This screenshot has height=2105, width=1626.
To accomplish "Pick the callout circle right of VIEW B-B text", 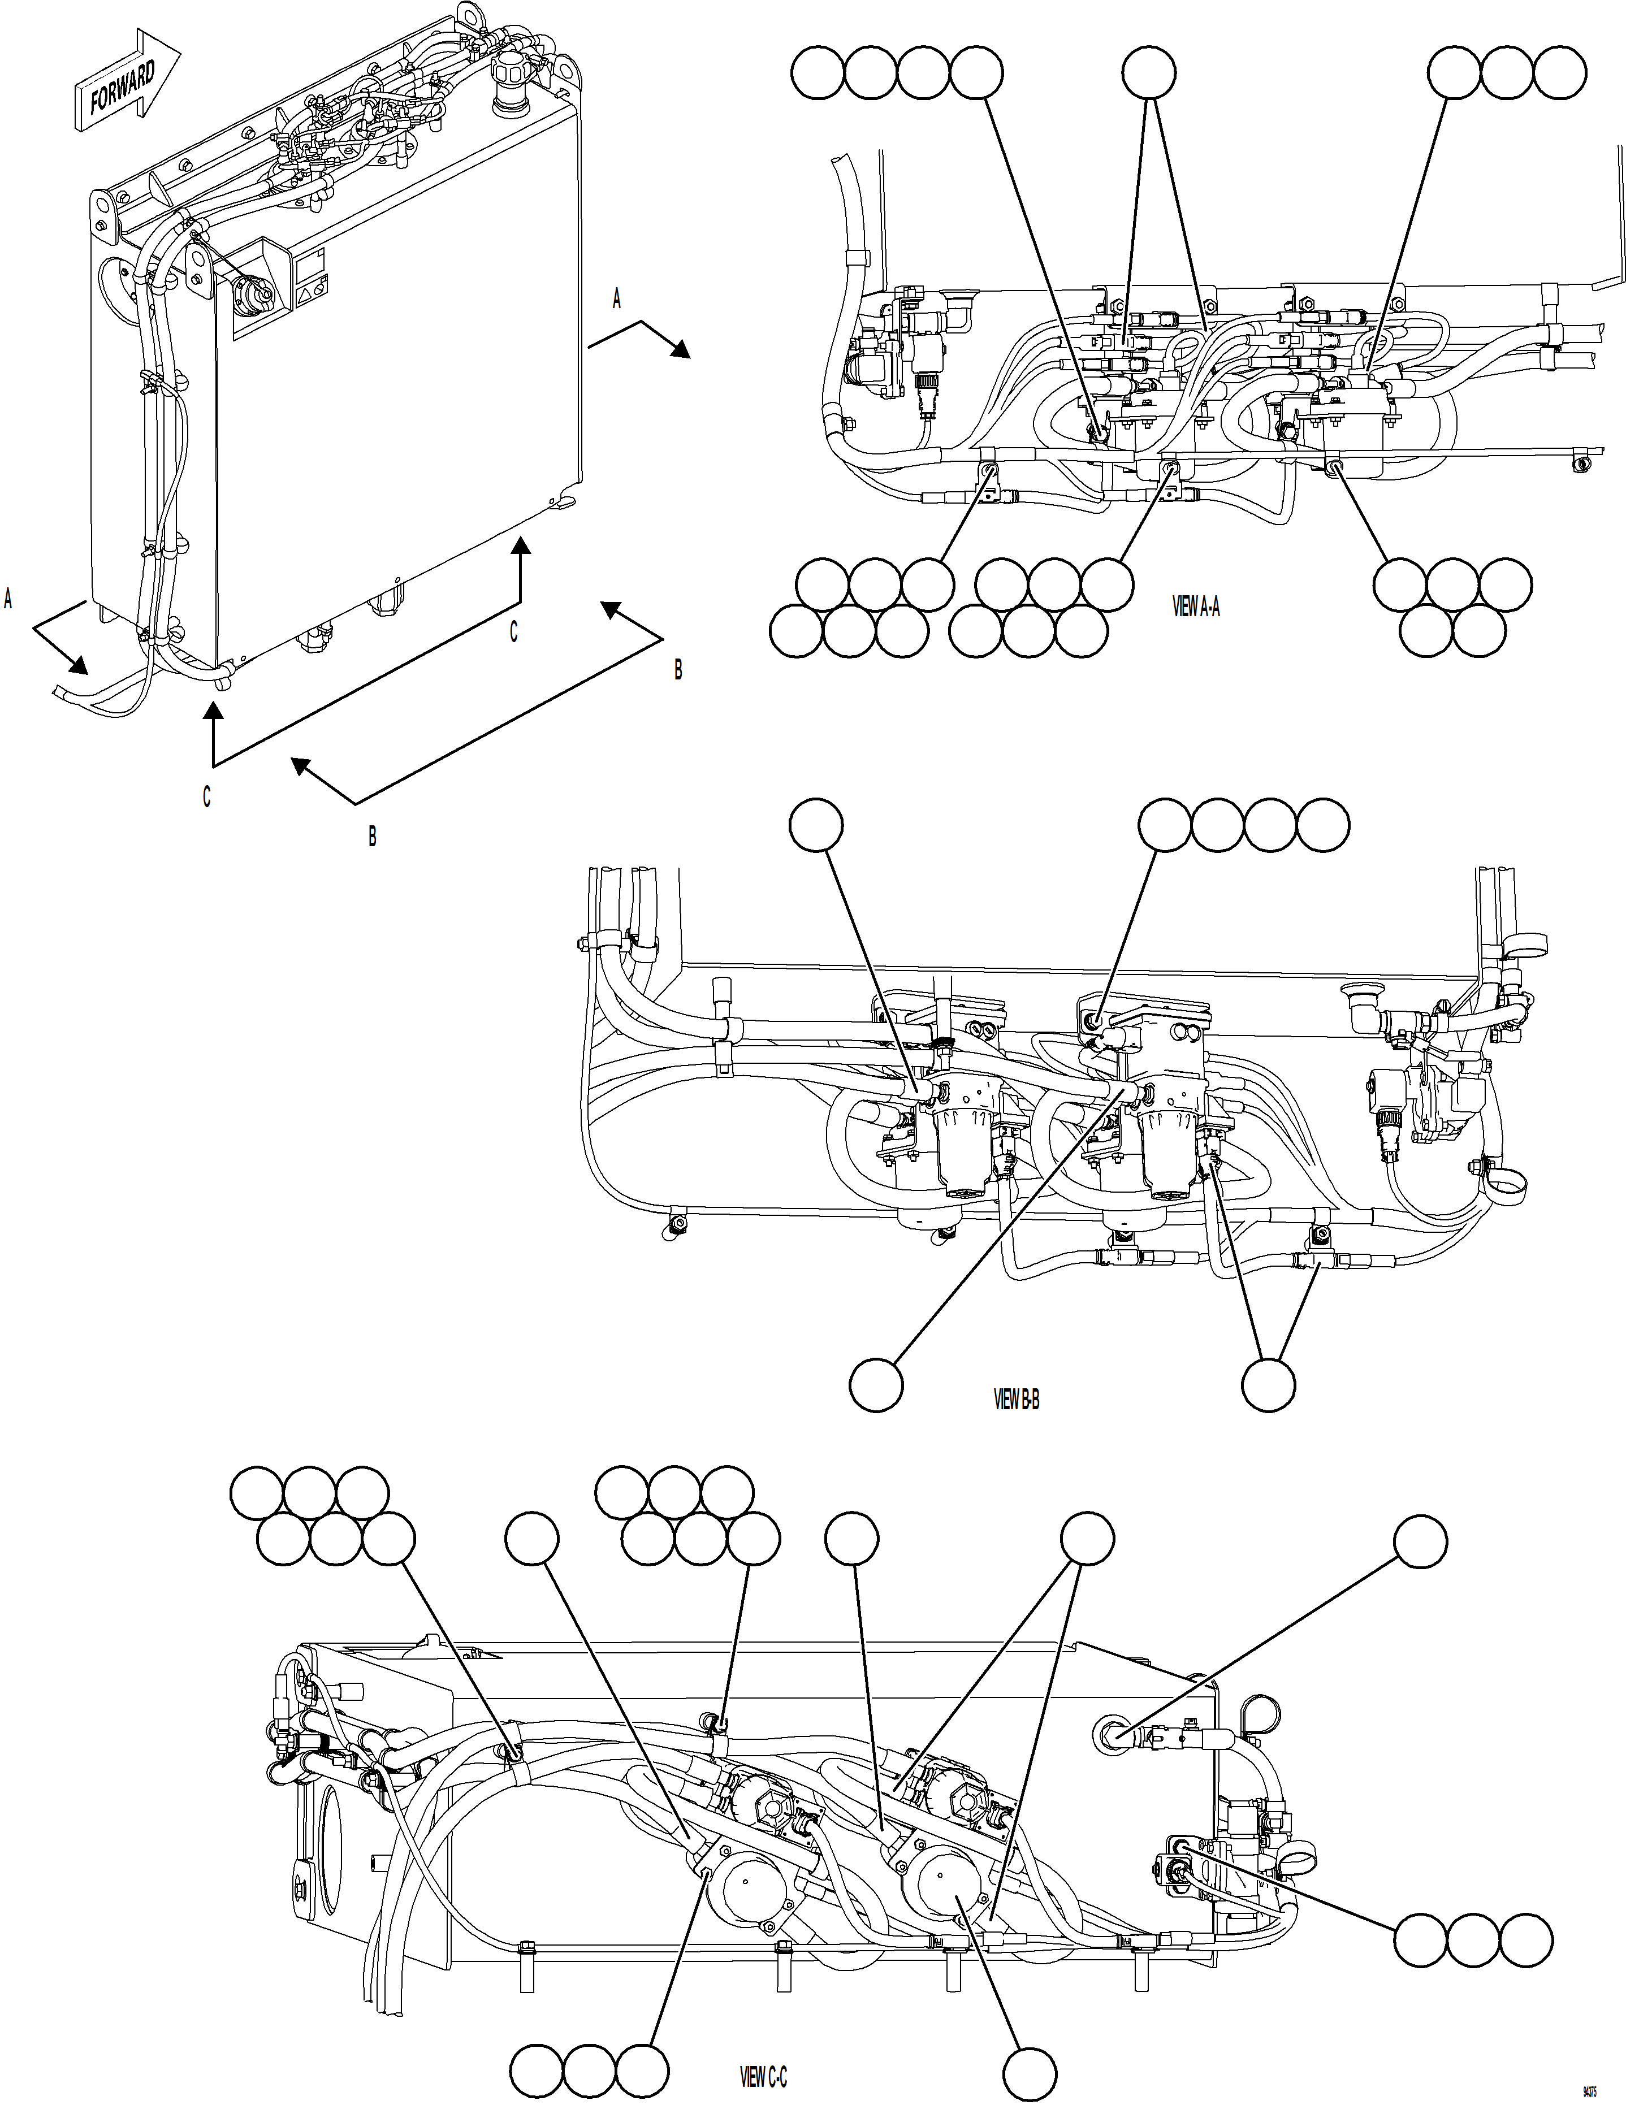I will pos(1268,1385).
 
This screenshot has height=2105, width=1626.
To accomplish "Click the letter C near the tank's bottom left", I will pos(206,797).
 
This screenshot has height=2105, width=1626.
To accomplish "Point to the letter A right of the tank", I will pos(617,300).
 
